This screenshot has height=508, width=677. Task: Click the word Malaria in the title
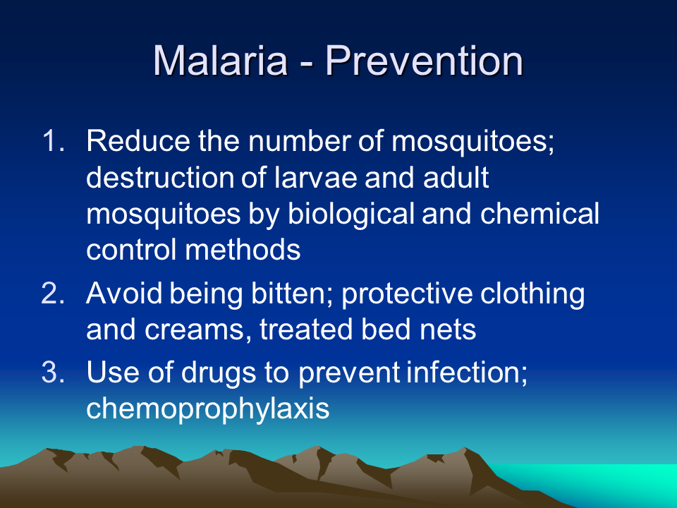point(221,61)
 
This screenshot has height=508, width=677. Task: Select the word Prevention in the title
point(424,61)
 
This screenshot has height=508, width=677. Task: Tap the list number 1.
point(54,141)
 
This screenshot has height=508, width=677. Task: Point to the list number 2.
point(53,294)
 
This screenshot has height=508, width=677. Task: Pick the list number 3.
point(53,372)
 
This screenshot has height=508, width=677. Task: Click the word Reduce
point(138,141)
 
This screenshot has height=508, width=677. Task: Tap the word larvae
point(316,178)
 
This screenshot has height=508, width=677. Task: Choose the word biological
point(351,214)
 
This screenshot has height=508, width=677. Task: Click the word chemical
point(539,213)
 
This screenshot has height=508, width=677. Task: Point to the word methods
point(243,250)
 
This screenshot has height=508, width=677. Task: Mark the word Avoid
point(124,294)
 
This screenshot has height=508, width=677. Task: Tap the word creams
point(198,330)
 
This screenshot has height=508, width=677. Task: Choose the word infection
point(467,373)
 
